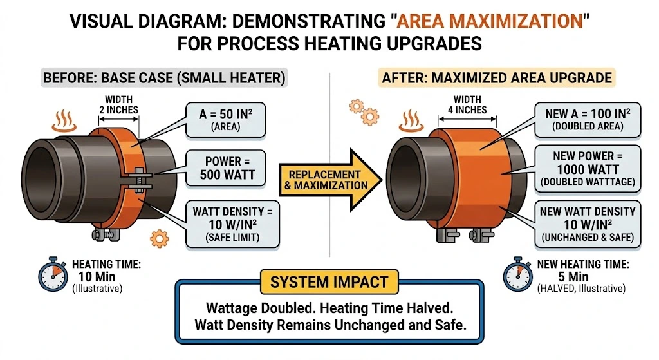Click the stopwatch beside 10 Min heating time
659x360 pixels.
click(53, 276)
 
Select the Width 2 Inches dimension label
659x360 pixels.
click(117, 104)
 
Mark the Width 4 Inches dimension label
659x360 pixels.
click(467, 104)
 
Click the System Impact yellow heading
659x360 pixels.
click(329, 281)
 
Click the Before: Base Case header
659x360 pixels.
click(164, 79)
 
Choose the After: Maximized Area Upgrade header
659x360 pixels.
click(496, 79)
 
